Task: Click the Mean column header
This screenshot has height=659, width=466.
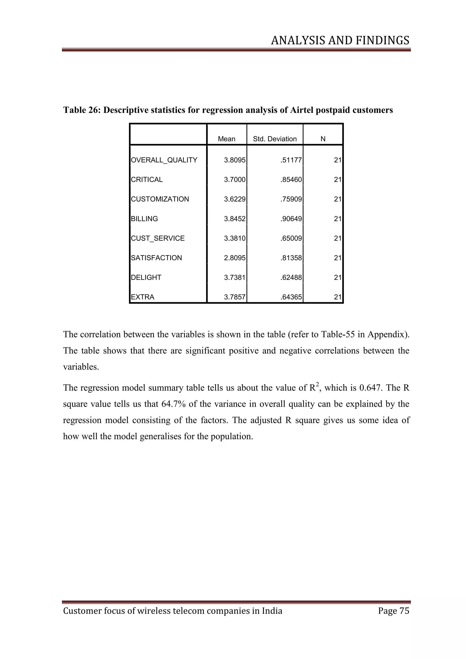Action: pyautogui.click(x=226, y=139)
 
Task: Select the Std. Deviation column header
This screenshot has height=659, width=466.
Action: pyautogui.click(x=275, y=139)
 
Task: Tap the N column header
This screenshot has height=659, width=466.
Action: pyautogui.click(x=323, y=139)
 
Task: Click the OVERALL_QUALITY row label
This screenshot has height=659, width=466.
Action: pyautogui.click(x=164, y=160)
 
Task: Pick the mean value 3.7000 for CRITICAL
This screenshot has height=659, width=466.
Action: pyautogui.click(x=235, y=180)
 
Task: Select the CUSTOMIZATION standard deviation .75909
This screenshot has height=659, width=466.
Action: pyautogui.click(x=291, y=199)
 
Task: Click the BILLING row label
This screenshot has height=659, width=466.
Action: pyautogui.click(x=144, y=219)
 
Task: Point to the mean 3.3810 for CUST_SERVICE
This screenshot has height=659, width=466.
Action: pyautogui.click(x=235, y=238)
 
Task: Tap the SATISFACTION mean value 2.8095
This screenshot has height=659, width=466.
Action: pyautogui.click(x=235, y=258)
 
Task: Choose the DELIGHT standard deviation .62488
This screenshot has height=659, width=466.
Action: pyautogui.click(x=291, y=278)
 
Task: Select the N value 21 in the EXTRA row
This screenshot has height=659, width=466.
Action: pyautogui.click(x=337, y=297)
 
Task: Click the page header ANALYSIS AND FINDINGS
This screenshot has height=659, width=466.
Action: pyautogui.click(x=340, y=41)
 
